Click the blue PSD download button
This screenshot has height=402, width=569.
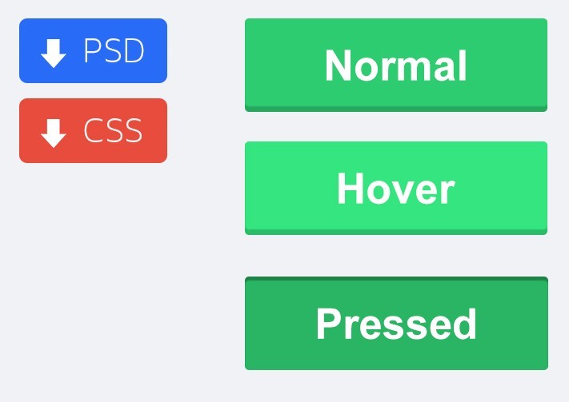pos(94,50)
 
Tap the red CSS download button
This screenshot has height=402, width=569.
pos(94,130)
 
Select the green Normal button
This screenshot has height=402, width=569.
pos(396,65)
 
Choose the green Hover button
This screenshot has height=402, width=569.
pos(396,188)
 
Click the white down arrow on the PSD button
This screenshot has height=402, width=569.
pos(54,54)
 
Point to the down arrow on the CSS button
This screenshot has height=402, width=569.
pos(54,133)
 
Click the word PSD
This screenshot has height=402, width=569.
pos(114,50)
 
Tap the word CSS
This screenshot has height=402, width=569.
pos(113,130)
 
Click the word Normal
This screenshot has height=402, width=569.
pos(396,66)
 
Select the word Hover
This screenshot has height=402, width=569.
pos(396,189)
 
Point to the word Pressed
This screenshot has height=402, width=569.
pos(396,324)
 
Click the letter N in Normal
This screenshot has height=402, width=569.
pos(339,66)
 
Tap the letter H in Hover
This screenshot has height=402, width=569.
pos(351,189)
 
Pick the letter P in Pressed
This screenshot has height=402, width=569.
pos(328,324)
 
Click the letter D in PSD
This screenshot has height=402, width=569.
pos(134,50)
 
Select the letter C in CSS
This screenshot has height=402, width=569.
pos(93,130)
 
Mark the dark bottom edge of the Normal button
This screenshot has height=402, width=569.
pos(396,109)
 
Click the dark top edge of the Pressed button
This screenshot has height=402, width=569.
pos(396,279)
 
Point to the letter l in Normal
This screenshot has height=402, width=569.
pos(463,66)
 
